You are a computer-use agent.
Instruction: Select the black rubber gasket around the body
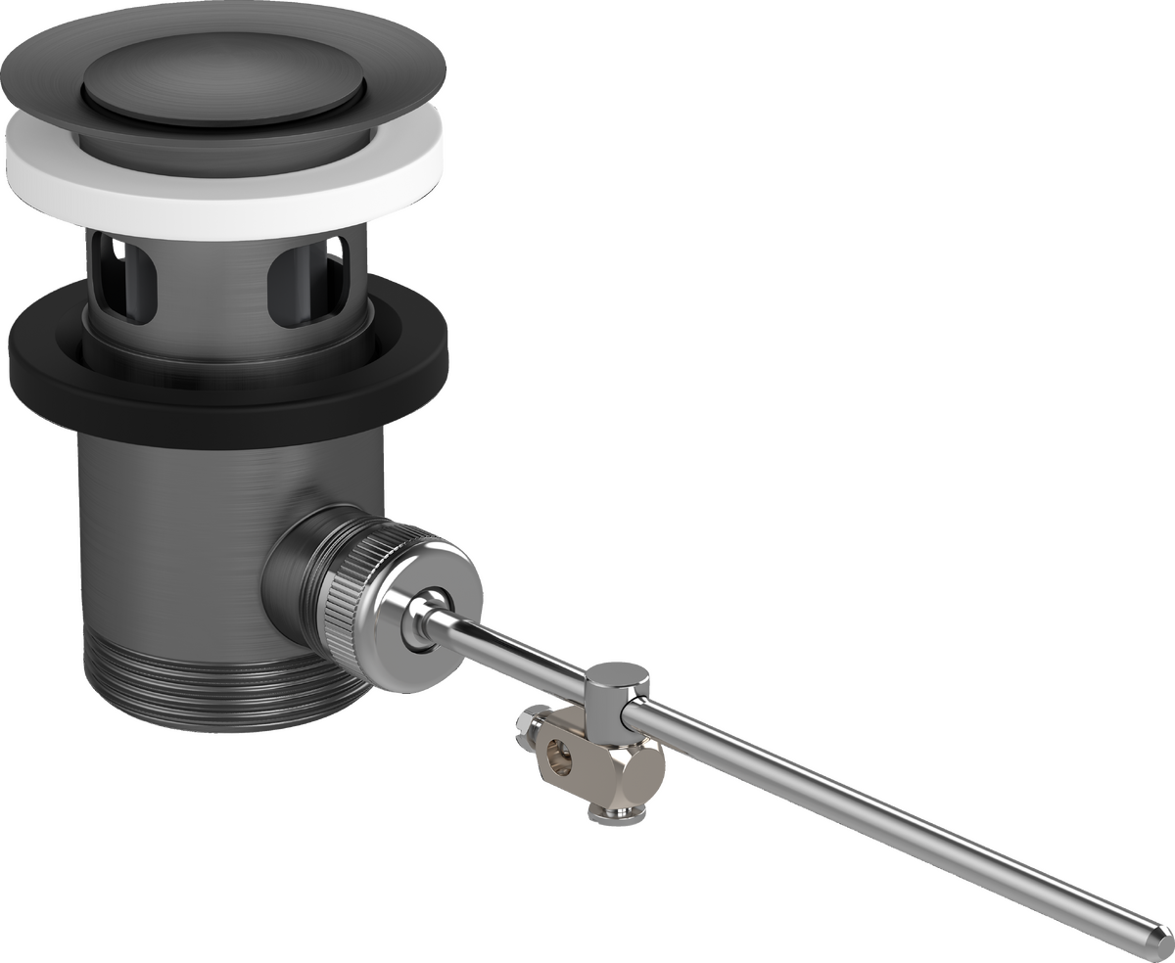pyautogui.click(x=59, y=367)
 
